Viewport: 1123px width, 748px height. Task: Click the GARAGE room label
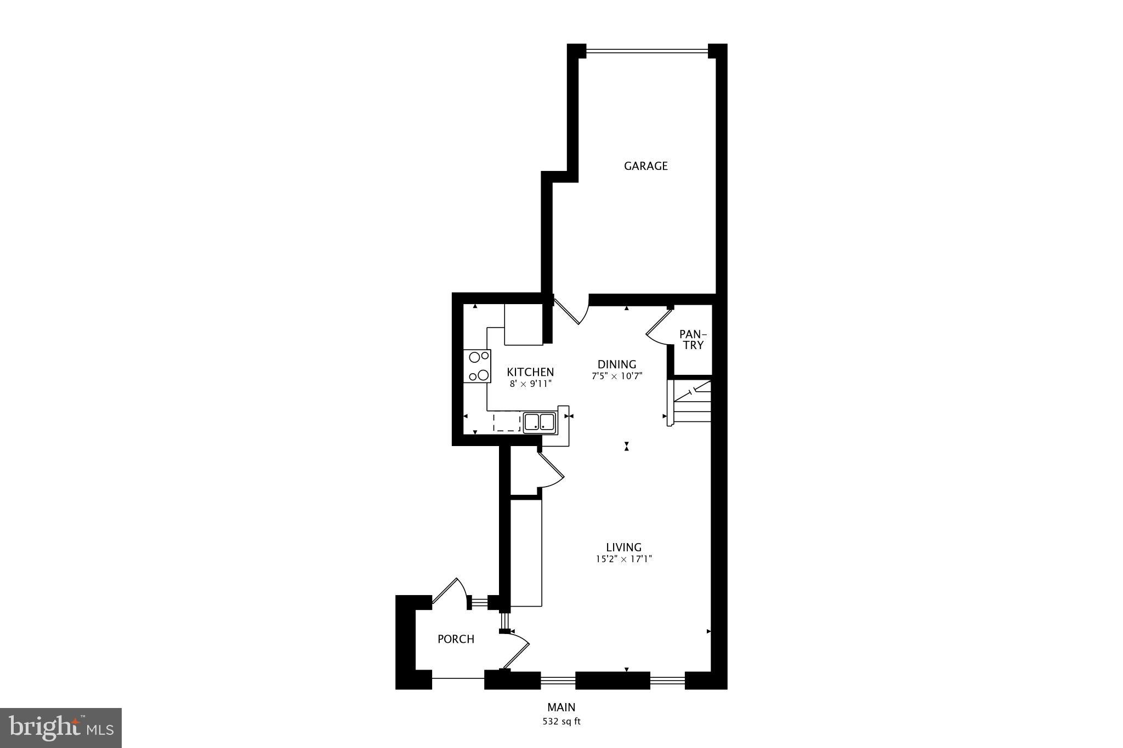(645, 166)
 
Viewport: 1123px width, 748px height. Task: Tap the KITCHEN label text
(530, 372)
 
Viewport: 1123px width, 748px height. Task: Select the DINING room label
(616, 364)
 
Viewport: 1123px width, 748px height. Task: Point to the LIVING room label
(623, 547)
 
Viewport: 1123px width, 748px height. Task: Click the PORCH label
(456, 639)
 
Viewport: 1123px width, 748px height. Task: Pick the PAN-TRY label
(693, 340)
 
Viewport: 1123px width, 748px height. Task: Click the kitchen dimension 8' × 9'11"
(530, 384)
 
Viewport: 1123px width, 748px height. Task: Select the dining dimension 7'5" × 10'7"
(616, 376)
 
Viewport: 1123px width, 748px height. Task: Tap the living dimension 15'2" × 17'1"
(623, 559)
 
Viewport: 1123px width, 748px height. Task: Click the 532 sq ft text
(561, 722)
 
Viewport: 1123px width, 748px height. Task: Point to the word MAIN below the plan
(561, 707)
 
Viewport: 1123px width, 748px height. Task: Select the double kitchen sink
(540, 422)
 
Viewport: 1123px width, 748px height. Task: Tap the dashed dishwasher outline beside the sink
(507, 422)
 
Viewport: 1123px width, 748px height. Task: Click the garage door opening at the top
(647, 52)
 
